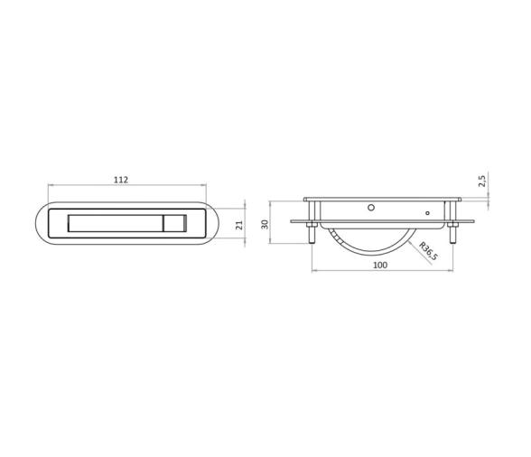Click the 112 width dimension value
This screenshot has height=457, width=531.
[x=121, y=179]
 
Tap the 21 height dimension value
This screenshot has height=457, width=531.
[x=239, y=225]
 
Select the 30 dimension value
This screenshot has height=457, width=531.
[x=265, y=223]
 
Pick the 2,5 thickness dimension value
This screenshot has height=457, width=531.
[x=482, y=181]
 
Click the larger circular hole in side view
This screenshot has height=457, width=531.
[x=369, y=207]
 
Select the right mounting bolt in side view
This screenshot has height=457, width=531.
[x=450, y=231]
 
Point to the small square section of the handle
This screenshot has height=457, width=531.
[x=173, y=224]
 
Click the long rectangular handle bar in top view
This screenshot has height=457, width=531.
[x=115, y=224]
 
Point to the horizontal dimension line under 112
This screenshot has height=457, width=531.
[x=121, y=186]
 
